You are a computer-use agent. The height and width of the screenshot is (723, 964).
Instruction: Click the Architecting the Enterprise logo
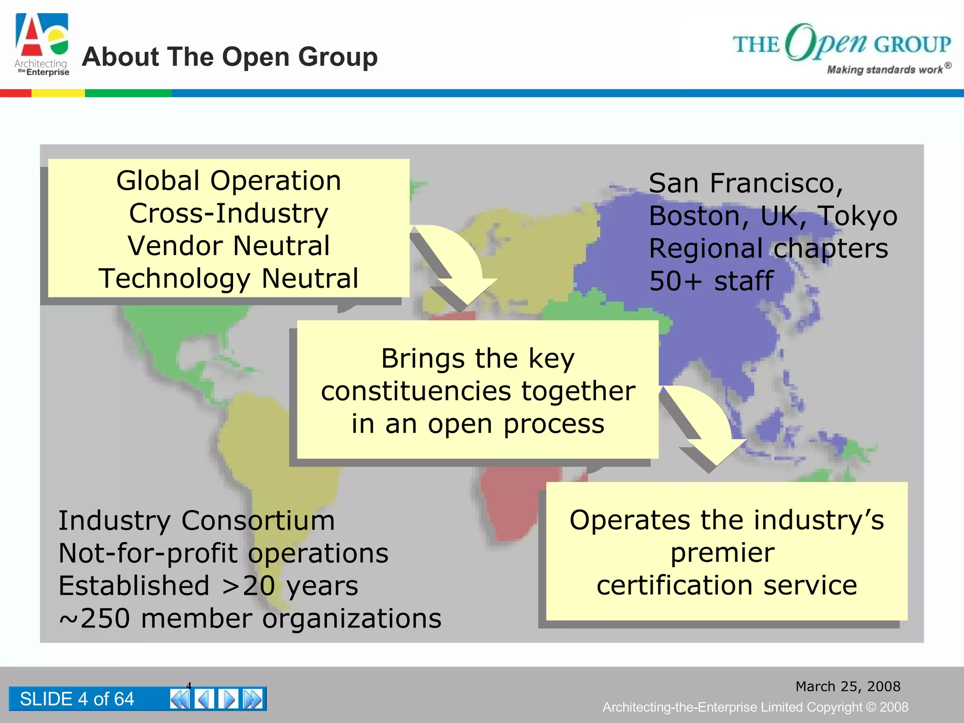coord(42,45)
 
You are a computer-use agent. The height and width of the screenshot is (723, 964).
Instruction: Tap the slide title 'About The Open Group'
coord(230,57)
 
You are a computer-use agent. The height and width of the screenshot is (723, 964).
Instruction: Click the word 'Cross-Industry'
coord(229,213)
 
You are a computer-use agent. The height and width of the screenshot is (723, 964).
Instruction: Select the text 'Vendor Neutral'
coord(229,246)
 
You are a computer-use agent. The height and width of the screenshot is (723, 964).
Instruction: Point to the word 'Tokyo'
coord(857,216)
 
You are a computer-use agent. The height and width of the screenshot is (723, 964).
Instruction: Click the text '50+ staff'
coord(711,281)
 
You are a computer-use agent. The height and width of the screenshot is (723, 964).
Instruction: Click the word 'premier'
coord(723,553)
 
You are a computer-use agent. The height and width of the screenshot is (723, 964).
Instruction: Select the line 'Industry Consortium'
coord(197,521)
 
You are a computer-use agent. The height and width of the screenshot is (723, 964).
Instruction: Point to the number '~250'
coord(94,619)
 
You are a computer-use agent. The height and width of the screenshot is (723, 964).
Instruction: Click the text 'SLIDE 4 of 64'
coord(77,699)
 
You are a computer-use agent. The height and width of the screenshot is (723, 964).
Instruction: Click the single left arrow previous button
coord(204,699)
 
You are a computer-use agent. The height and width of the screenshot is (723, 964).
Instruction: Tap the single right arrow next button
coord(229,699)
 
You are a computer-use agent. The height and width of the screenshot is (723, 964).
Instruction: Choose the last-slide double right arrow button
coord(253,699)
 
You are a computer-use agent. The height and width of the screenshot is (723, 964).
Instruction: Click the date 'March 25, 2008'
coord(848,686)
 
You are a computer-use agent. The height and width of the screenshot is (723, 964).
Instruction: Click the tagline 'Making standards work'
coord(885,70)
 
